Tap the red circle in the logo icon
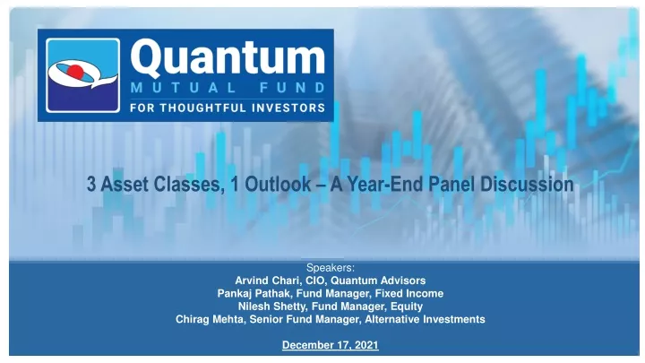click(x=75, y=72)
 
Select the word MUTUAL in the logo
click(x=184, y=88)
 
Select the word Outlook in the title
click(x=278, y=184)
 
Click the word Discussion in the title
click(x=527, y=184)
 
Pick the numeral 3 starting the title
click(x=90, y=184)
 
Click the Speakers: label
click(x=331, y=268)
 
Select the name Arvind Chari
click(x=268, y=281)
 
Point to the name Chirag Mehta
click(x=210, y=319)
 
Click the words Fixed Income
click(x=409, y=293)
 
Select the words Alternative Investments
click(x=425, y=319)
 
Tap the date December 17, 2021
click(x=331, y=345)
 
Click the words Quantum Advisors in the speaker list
click(x=378, y=281)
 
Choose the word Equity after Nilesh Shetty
click(x=407, y=307)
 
